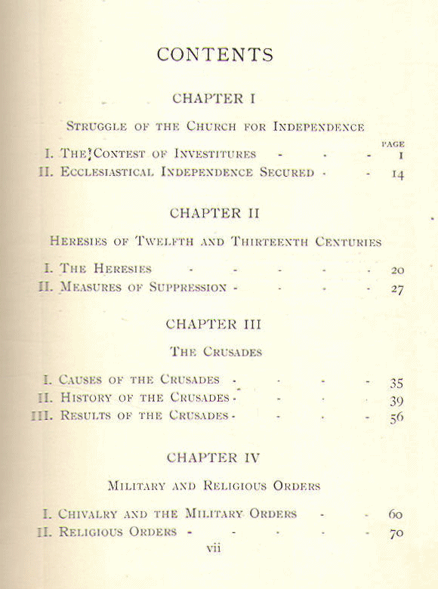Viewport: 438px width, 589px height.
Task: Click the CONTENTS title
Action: (x=215, y=55)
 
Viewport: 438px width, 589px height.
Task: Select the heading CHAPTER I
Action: (x=208, y=99)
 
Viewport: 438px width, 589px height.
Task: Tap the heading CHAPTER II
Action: (x=214, y=213)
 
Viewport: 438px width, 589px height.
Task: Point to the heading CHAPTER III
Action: (x=214, y=325)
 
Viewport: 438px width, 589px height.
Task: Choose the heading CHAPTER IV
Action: (x=214, y=458)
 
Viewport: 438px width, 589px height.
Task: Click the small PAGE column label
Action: (x=393, y=143)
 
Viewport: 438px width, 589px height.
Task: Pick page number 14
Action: (x=396, y=174)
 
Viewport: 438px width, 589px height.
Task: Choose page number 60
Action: (x=396, y=515)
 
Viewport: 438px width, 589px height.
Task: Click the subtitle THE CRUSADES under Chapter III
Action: (x=215, y=351)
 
